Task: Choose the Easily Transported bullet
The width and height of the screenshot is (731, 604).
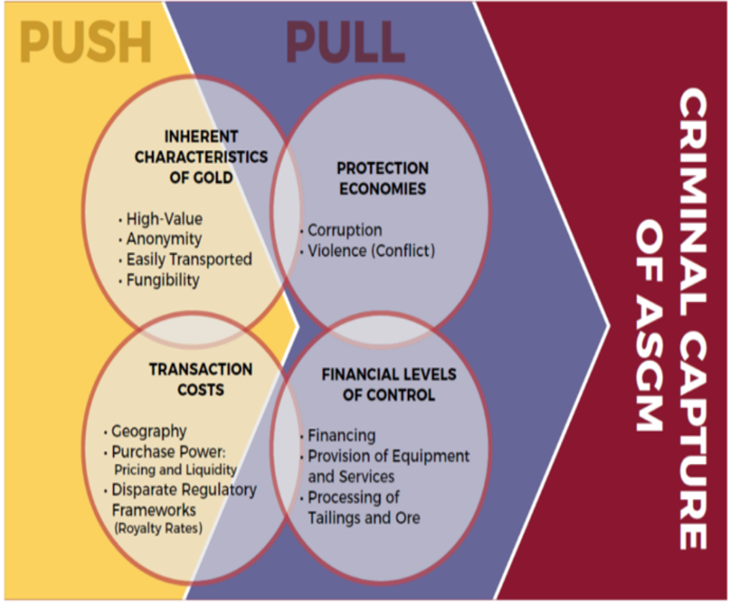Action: pos(189,259)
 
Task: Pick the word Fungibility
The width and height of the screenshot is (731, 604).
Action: pos(163,280)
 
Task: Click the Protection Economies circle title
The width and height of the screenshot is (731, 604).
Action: pos(383,177)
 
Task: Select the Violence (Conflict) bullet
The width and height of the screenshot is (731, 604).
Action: pos(371,251)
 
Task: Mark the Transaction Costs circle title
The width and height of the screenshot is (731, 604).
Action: pos(201,379)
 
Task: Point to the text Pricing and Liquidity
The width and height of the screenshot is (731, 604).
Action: pos(175,470)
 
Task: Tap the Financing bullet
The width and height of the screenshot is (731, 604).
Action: pos(342,435)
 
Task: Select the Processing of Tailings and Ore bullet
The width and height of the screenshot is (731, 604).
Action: pos(364,507)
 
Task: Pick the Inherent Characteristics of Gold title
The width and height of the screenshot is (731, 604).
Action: pos(201,157)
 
